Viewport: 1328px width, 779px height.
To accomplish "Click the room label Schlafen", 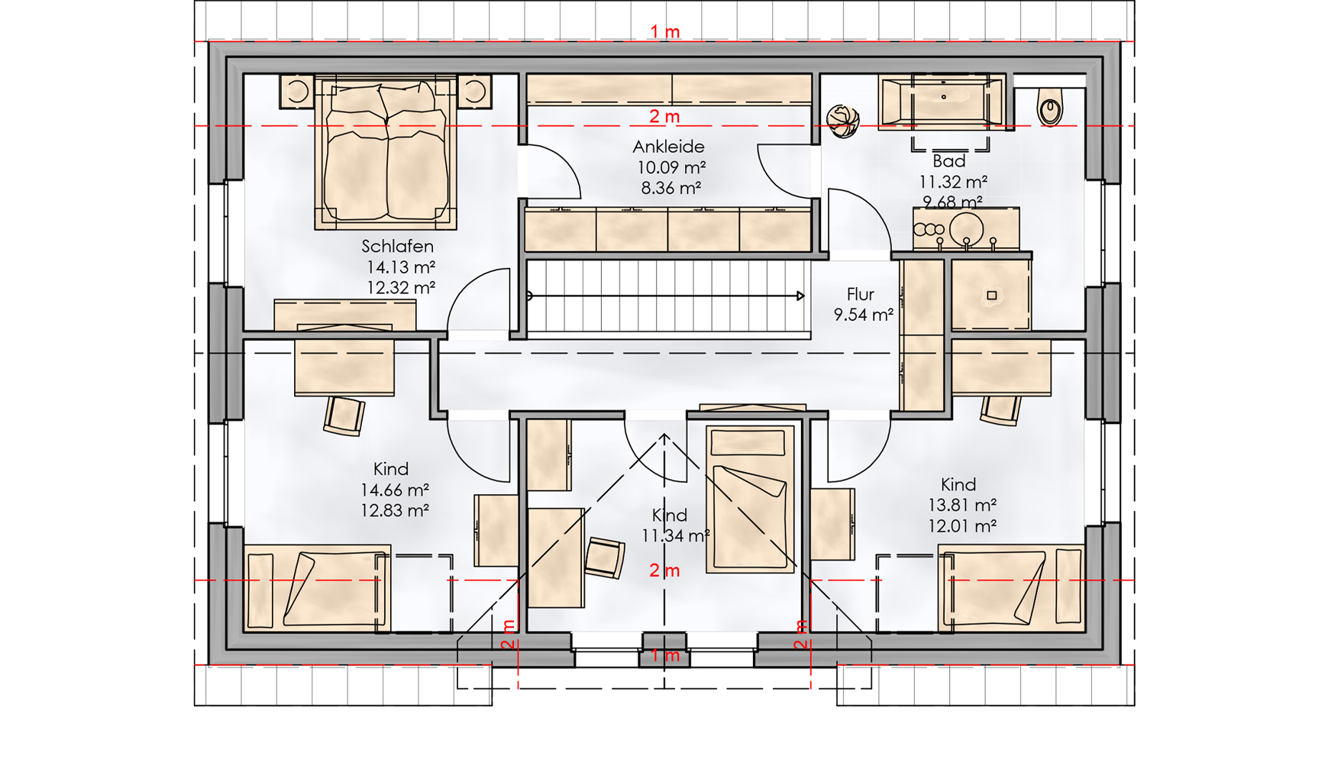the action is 397,247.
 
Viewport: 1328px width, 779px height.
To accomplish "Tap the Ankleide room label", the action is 668,147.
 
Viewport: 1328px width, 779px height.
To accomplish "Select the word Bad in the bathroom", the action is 948,161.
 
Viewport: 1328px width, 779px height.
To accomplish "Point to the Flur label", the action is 860,294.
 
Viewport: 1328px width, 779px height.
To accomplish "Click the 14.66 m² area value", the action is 394,490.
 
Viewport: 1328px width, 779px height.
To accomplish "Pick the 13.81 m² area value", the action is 961,505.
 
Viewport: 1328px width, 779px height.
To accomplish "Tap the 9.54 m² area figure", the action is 863,315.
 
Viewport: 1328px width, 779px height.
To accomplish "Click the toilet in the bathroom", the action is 1050,107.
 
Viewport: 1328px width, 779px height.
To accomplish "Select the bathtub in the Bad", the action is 942,101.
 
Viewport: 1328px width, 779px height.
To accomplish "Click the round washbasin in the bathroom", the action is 966,228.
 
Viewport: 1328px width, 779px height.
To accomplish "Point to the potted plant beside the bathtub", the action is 843,121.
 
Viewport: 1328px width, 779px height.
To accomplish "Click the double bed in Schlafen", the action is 386,152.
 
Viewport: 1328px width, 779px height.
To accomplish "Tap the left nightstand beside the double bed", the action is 296,92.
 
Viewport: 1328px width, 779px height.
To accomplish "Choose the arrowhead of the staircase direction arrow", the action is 800,296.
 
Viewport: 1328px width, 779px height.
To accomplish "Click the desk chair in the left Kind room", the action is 344,415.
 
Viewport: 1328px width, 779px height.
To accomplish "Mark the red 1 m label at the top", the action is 664,32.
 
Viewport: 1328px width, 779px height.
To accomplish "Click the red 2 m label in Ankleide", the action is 664,117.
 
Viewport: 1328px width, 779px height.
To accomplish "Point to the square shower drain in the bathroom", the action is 991,295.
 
